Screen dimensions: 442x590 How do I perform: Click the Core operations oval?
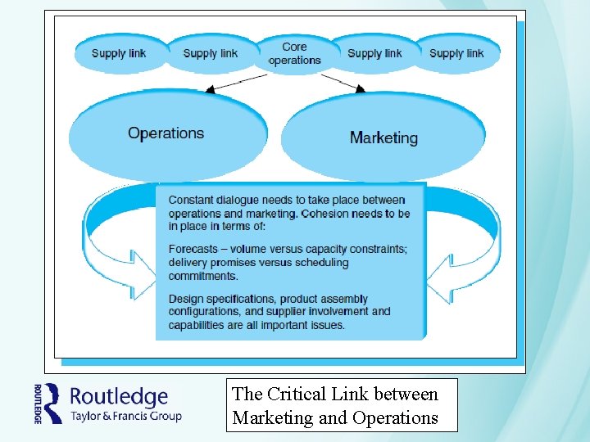pos(294,53)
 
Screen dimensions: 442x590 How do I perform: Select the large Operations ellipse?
pos(167,133)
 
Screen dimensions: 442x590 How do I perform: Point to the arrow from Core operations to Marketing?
pos(343,82)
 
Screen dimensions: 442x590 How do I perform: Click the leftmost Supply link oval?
pos(120,53)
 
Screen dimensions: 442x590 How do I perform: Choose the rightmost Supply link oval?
pos(456,53)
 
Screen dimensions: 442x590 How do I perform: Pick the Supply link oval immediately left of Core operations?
pos(211,53)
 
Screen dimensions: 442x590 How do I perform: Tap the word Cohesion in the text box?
pos(325,213)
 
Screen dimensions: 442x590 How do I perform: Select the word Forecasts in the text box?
pos(193,249)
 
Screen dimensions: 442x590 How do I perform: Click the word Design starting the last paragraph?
pos(185,299)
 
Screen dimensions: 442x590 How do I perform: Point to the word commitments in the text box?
pos(202,276)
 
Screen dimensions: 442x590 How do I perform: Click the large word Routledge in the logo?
pos(119,397)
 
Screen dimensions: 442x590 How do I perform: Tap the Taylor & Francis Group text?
pos(125,416)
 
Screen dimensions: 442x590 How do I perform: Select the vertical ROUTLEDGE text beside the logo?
pos(38,403)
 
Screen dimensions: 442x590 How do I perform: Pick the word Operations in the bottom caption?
pos(395,417)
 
